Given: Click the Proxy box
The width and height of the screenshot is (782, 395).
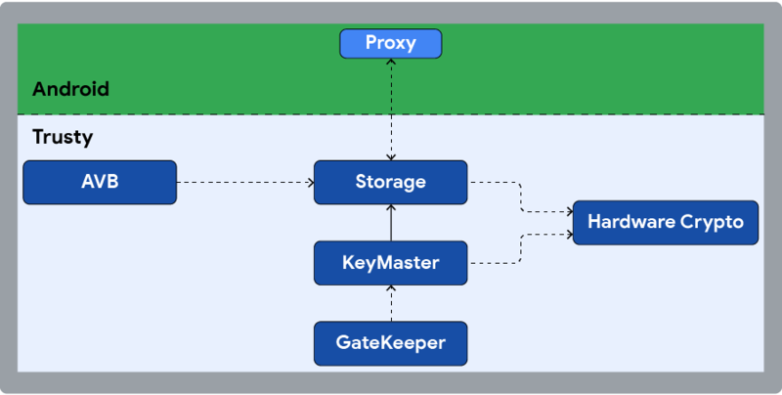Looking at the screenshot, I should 391,43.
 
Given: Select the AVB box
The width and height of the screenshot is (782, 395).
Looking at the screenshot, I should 100,182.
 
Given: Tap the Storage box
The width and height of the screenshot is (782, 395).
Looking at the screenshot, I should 391,182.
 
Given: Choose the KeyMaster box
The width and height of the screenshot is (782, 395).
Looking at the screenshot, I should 391,262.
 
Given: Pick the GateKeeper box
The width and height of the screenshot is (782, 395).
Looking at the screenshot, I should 391,342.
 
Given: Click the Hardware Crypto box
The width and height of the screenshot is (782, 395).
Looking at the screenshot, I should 665,222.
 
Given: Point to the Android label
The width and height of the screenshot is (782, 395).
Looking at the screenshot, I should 70,89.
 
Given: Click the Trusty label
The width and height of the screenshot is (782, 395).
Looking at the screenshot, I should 63,137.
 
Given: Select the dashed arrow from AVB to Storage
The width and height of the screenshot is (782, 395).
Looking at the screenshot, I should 244,182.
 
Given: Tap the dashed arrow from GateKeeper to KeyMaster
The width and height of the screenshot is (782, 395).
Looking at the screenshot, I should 391,305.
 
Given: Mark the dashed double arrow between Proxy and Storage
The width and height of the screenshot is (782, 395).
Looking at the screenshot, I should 391,108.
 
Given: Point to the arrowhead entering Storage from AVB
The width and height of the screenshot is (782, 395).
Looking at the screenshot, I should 309,182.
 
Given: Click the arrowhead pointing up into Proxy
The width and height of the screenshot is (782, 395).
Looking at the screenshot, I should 391,62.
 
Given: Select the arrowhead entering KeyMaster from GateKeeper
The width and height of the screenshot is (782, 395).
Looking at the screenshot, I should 391,287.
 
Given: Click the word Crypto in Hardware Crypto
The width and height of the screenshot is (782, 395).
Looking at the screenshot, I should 711,223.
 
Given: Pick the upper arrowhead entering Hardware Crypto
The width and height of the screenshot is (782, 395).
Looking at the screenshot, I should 568,210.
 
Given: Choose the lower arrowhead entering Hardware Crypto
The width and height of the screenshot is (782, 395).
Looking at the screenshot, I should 568,234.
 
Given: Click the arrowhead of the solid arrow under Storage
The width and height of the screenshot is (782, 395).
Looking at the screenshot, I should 391,208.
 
